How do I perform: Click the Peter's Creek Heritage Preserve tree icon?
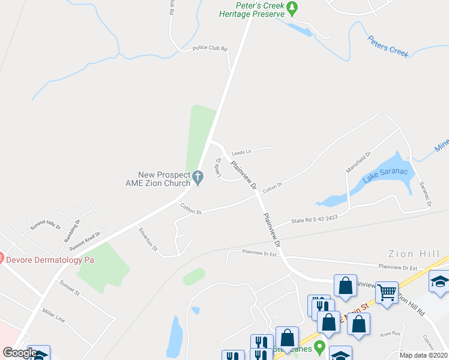coord(292,8)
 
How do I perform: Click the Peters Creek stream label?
coord(388,49)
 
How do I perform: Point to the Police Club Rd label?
coord(209,49)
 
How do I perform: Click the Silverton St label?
coord(148,239)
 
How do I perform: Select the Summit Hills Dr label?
coord(46,227)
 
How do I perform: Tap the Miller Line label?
coord(53,314)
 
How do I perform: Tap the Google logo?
coord(20,353)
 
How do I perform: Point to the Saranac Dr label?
coord(426,194)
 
